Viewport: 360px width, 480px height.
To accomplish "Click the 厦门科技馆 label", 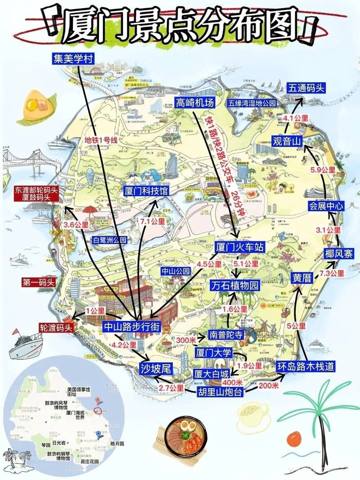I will tap(146, 191).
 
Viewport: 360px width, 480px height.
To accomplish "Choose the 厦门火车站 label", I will tap(238, 248).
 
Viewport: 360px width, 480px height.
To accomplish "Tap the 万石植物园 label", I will tap(235, 285).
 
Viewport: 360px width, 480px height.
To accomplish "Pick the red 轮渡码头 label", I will tap(56, 328).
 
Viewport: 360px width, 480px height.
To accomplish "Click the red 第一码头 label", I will tap(38, 283).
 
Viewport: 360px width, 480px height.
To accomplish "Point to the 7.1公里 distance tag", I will tap(153, 222).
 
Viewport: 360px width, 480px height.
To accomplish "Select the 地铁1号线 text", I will tap(101, 140).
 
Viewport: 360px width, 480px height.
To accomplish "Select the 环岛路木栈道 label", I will tap(306, 367).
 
